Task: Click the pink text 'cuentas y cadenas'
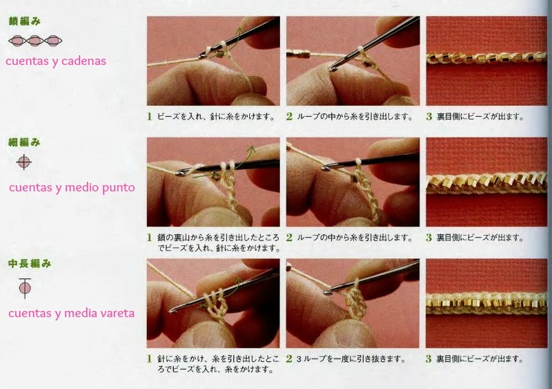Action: click(x=56, y=61)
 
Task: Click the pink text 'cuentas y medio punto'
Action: click(x=72, y=187)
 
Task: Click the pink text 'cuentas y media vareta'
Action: click(x=72, y=313)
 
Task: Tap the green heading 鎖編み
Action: click(x=25, y=21)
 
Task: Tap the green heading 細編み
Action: click(x=25, y=142)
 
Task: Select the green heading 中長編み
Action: click(x=30, y=263)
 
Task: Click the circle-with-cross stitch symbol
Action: click(x=24, y=162)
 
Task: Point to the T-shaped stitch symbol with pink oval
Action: click(x=25, y=288)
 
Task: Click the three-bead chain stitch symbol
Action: click(x=35, y=41)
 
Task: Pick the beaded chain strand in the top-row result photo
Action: click(x=486, y=58)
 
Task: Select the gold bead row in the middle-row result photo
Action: click(x=486, y=182)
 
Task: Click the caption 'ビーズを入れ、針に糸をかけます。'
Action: click(x=216, y=116)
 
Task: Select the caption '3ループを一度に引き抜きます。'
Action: click(x=351, y=359)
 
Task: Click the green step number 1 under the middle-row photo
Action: click(x=150, y=238)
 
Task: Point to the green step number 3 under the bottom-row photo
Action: click(x=428, y=359)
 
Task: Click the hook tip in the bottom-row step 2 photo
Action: click(x=328, y=292)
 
